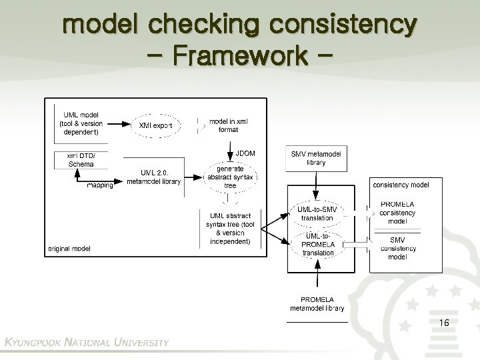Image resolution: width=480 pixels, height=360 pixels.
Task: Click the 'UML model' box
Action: [x=82, y=123]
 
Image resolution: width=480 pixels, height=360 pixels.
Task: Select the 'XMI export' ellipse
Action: [x=155, y=125]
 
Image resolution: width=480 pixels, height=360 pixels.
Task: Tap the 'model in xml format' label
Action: [x=229, y=125]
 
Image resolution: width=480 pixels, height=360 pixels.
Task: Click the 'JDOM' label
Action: [x=245, y=153]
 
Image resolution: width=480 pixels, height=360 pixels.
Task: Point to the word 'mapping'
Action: [x=100, y=185]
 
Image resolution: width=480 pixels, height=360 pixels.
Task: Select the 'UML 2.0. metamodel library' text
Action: [x=153, y=177]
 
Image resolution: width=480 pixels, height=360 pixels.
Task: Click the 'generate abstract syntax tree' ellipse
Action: [x=230, y=177]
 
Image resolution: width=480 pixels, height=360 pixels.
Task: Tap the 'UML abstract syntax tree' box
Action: [x=230, y=228]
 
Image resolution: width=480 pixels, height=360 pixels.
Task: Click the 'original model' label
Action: [x=69, y=249]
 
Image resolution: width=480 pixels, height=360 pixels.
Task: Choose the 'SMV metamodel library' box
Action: [x=317, y=157]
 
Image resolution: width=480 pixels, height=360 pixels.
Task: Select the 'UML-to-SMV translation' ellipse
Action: [x=317, y=213]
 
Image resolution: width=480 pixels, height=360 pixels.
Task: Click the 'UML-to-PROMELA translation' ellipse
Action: [x=317, y=244]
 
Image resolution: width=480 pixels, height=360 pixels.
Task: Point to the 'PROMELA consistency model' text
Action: [x=397, y=213]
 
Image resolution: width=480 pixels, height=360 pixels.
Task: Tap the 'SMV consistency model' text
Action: [x=397, y=248]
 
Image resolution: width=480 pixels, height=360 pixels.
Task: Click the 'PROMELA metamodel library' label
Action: [x=317, y=303]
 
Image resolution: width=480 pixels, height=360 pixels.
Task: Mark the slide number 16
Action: [x=444, y=323]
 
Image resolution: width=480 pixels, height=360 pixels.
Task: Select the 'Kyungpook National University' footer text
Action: [x=87, y=342]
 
